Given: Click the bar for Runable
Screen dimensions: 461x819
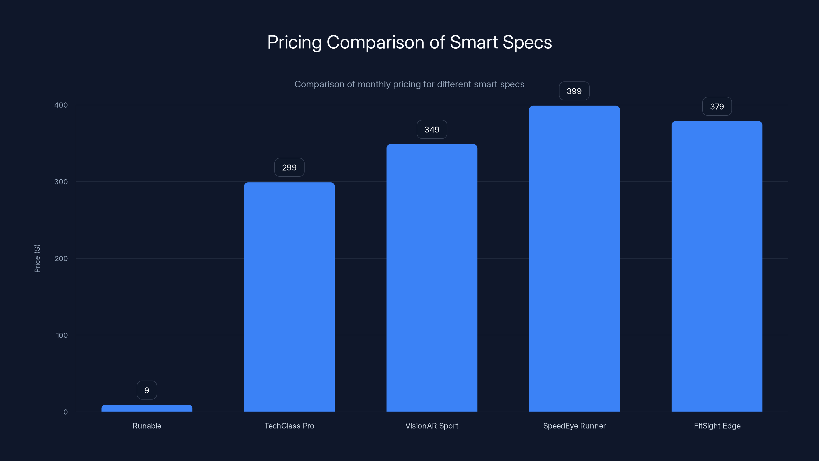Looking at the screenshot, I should click(147, 408).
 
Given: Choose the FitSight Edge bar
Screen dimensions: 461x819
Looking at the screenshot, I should click(717, 266).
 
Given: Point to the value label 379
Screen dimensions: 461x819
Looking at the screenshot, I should click(717, 107).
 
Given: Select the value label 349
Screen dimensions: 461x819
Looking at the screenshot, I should click(432, 130).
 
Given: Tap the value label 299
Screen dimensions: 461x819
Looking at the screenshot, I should click(289, 167).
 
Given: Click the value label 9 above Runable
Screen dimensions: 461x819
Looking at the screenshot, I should click(147, 390).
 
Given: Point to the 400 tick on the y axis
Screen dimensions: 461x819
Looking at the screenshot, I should click(61, 105).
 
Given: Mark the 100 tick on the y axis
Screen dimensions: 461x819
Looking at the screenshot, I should click(62, 335).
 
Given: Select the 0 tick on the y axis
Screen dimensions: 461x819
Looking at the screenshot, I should click(66, 412).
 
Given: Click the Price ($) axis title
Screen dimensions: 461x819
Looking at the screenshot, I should click(37, 258).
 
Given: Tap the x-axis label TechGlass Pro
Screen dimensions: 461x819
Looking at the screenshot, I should click(289, 426).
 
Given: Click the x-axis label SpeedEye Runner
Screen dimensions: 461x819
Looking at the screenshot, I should click(574, 426).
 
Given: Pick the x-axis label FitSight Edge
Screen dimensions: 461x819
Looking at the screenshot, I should click(717, 426).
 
